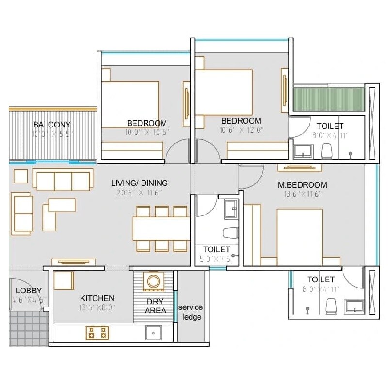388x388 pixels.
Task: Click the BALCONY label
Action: coord(52,125)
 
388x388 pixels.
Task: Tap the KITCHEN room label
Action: coord(97,298)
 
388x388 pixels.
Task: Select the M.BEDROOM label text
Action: coord(302,185)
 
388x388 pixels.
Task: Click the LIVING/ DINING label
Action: coord(139,183)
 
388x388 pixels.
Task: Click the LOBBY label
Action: coord(25,291)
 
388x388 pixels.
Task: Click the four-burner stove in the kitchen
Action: coord(97,333)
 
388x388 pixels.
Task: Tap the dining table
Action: coord(162,228)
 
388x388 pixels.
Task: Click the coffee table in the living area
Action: coord(62,205)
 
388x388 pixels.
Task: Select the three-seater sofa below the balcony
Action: coord(63,180)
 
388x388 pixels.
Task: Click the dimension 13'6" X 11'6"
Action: coord(302,194)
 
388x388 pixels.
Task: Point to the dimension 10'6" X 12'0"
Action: coord(241,130)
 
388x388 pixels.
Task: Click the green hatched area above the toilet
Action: coord(328,99)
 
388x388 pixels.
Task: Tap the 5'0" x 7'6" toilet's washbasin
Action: coord(231,209)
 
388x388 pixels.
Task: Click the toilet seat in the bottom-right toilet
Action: coord(331,306)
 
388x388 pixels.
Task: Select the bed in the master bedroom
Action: coord(299,236)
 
